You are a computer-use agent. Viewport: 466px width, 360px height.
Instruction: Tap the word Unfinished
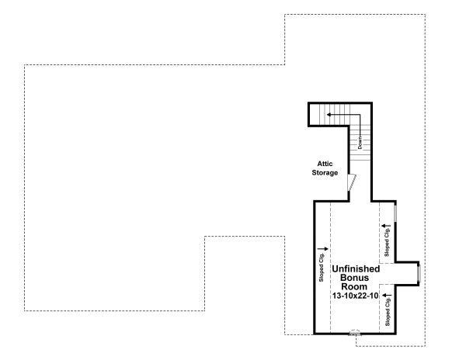tap(356, 268)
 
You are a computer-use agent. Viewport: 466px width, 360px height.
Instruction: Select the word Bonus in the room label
tap(356, 277)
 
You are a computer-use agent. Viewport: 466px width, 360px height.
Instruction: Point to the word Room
tap(356, 286)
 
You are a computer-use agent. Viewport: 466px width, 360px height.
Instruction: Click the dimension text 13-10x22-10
tap(356, 296)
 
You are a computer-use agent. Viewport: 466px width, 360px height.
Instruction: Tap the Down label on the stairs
tap(360, 142)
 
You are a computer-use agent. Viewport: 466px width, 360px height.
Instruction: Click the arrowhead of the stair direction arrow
tap(328, 115)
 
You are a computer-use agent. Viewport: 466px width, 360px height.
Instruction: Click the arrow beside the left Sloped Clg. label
tap(323, 249)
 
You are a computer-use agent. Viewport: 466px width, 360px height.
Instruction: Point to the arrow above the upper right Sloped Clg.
tap(385, 226)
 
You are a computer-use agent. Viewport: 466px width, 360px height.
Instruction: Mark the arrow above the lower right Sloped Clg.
tap(385, 296)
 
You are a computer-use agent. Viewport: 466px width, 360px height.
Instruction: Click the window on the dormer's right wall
tap(419, 274)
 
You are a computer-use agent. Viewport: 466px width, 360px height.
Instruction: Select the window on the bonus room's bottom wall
tap(356, 334)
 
